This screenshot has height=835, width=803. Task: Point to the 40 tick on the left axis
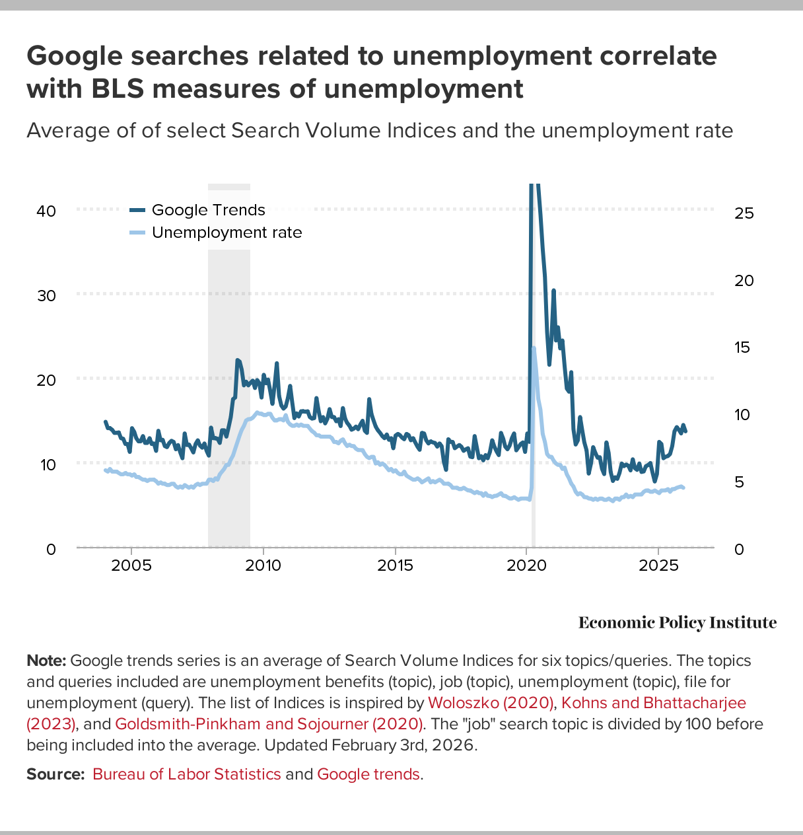(47, 211)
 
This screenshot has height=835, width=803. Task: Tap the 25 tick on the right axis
(744, 213)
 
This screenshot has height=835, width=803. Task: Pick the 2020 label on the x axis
(526, 565)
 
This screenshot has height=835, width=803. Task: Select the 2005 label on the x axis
(131, 565)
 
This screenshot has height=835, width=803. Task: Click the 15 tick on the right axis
(744, 347)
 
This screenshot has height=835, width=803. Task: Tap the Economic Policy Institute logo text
(678, 622)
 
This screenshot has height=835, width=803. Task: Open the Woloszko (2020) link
(491, 703)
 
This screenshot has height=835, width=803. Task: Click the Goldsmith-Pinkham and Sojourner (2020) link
(269, 724)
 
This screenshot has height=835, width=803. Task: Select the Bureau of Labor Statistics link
(187, 774)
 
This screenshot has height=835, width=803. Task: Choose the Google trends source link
(368, 774)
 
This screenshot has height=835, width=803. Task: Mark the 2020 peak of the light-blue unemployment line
(534, 347)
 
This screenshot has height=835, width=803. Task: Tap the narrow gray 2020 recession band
(534, 528)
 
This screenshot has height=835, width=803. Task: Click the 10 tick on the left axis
(47, 464)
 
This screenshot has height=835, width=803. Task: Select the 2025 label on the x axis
(658, 565)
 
